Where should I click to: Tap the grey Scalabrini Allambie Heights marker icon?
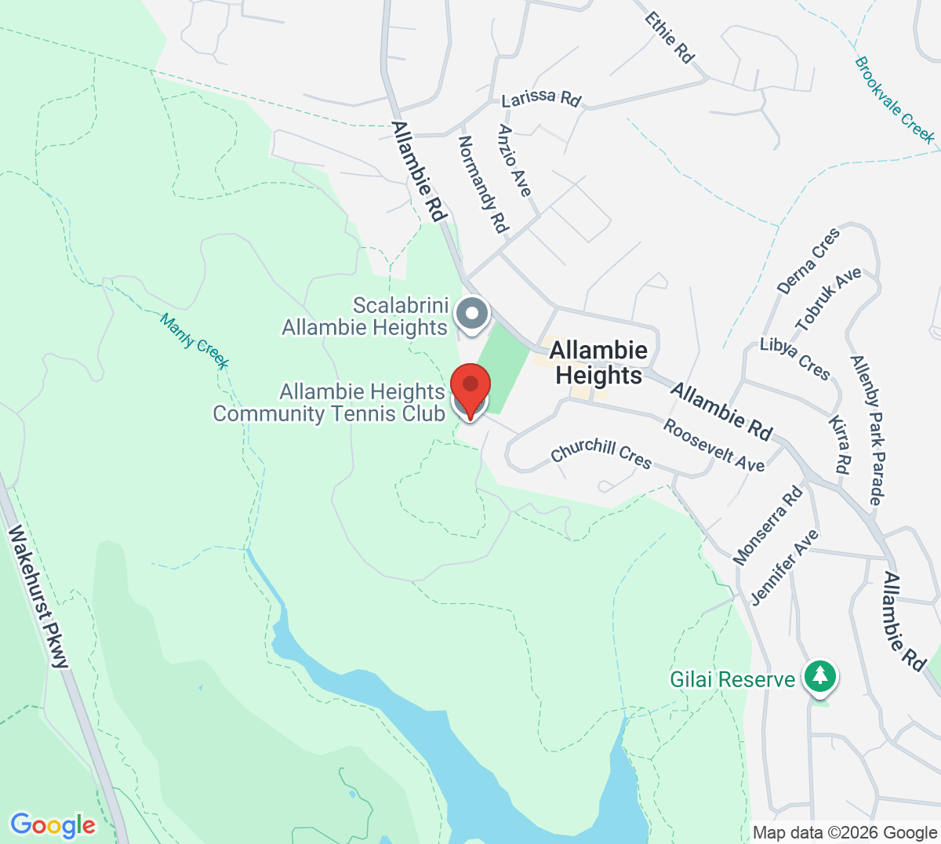point(472,314)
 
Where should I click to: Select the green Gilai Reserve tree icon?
point(820,676)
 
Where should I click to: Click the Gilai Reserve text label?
point(732,679)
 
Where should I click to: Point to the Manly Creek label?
point(194,341)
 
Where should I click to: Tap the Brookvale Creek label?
point(895,100)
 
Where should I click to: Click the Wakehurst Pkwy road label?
point(38,597)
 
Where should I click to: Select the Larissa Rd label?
point(541,97)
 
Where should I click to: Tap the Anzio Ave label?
point(514,161)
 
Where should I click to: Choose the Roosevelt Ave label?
point(714,445)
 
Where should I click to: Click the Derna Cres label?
point(808,261)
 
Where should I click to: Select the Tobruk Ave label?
point(829,299)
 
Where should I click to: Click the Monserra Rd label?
point(768,525)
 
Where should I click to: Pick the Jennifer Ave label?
point(785,567)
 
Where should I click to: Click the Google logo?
point(53,825)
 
